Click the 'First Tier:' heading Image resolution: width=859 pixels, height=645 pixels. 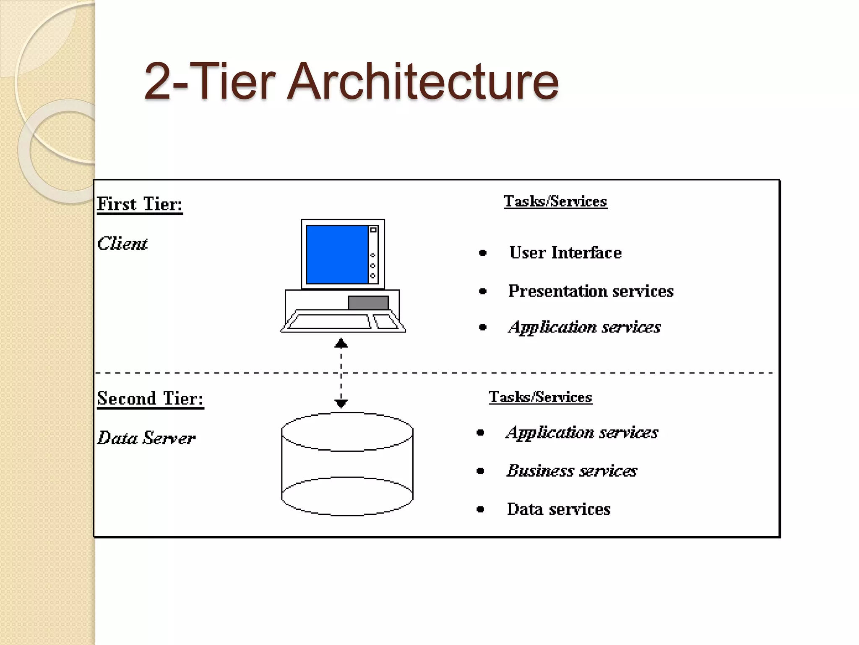pos(140,205)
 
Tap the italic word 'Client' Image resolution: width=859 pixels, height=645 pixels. pos(122,244)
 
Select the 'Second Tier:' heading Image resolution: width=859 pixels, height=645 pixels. pos(150,399)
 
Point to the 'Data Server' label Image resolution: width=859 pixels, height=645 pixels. pos(146,438)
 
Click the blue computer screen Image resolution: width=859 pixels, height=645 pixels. pos(337,254)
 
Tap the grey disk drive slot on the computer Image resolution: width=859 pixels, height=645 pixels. pos(368,302)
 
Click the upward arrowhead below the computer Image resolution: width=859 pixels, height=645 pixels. pos(341,343)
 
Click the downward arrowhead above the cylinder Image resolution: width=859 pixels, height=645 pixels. pos(341,404)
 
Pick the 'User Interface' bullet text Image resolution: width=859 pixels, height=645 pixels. pos(565,253)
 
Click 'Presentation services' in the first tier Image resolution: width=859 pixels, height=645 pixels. pos(591,291)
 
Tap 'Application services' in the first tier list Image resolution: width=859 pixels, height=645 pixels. pos(584,327)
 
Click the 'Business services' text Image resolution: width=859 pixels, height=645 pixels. pos(571,471)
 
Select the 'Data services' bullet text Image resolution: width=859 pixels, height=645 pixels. pos(558,509)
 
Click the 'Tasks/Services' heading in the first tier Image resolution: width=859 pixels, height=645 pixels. pos(555,202)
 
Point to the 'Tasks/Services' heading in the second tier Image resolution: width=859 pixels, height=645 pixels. pos(540,397)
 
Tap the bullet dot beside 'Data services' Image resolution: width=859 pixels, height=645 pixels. pos(481,510)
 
